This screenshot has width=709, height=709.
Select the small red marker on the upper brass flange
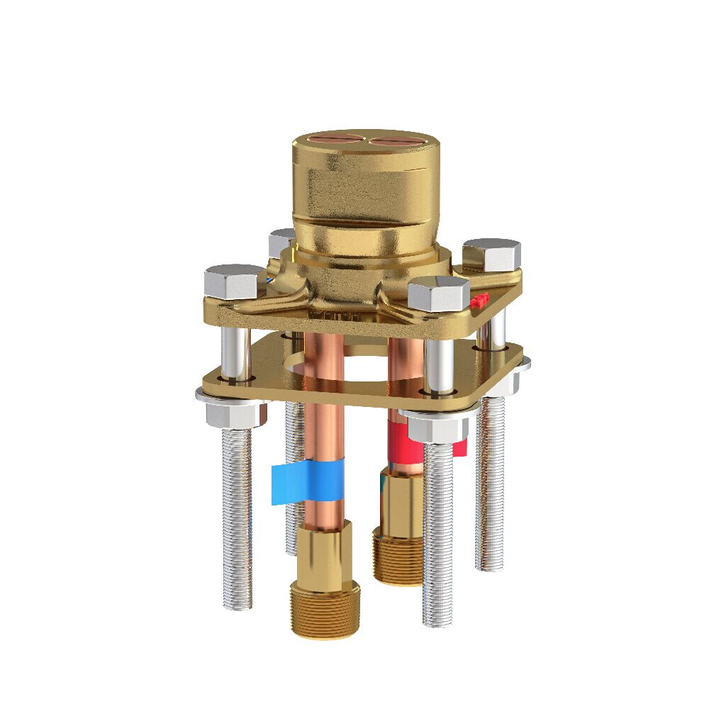click(x=479, y=301)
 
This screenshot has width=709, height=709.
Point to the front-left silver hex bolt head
click(x=235, y=281)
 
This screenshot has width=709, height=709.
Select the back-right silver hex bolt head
click(x=491, y=255)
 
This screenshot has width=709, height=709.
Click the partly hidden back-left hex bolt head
click(x=281, y=242)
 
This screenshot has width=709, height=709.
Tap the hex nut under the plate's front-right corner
click(x=435, y=425)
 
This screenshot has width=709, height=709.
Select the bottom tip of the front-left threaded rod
click(x=238, y=605)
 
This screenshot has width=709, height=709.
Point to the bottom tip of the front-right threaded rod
click(x=437, y=622)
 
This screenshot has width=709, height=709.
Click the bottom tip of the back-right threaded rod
click(x=490, y=566)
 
